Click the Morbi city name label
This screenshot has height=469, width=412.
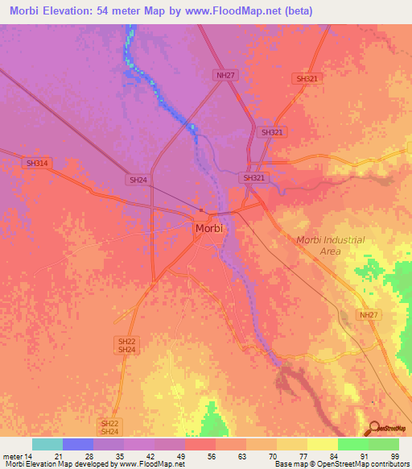209,229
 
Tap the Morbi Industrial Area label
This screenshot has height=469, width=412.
330,246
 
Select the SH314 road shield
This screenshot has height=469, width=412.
37,164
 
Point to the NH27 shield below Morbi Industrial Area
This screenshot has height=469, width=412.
368,315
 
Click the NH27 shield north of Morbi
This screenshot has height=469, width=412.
225,75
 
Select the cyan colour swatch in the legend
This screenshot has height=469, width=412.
47,444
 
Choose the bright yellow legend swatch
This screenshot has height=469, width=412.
323,444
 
